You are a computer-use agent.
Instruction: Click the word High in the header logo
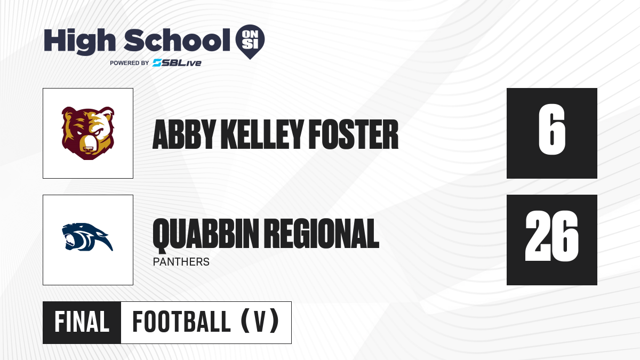point(79,42)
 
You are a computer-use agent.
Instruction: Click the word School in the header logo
point(177,40)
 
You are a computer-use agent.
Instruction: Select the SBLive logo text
point(177,63)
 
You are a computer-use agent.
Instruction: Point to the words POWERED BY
point(130,63)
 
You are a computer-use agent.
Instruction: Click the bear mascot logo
point(88,133)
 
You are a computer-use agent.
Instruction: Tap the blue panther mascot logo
point(87,237)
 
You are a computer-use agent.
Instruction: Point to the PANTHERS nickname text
point(181,262)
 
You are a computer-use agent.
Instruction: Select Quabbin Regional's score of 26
point(551,236)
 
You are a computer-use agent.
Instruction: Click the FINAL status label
point(82,322)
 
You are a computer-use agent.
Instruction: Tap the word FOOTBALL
point(181,322)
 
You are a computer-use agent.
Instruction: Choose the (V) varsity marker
point(260,322)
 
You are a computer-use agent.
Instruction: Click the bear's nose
point(88,149)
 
